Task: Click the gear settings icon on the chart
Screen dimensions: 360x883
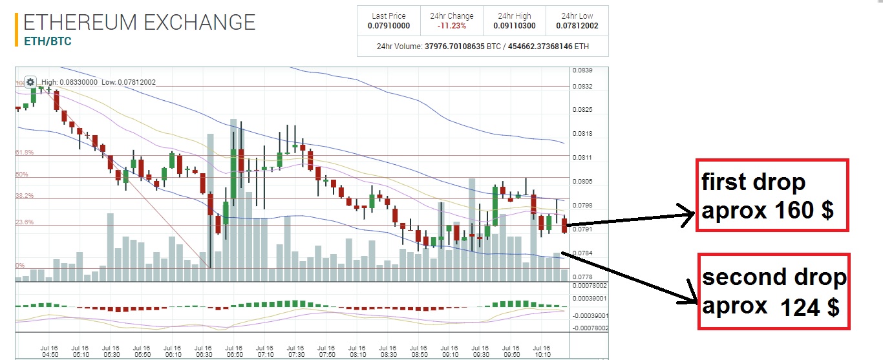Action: pyautogui.click(x=30, y=82)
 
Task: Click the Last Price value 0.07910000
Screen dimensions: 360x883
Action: pyautogui.click(x=388, y=26)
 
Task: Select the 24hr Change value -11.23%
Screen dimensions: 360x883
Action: pyautogui.click(x=451, y=26)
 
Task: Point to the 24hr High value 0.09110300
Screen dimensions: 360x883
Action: pyautogui.click(x=515, y=26)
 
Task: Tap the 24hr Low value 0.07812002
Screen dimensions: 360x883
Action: pyautogui.click(x=577, y=26)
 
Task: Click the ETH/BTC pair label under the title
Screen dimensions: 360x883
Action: pyautogui.click(x=47, y=41)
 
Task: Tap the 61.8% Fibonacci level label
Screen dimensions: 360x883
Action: pyautogui.click(x=25, y=153)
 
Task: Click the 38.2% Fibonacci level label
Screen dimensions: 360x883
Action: pyautogui.click(x=25, y=196)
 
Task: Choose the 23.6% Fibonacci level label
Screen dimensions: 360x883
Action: pyautogui.click(x=25, y=222)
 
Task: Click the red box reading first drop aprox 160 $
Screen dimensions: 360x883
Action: pyautogui.click(x=771, y=195)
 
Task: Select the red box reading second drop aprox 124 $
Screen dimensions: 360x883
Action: pyautogui.click(x=774, y=291)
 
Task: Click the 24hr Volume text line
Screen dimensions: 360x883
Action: pyautogui.click(x=482, y=47)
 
